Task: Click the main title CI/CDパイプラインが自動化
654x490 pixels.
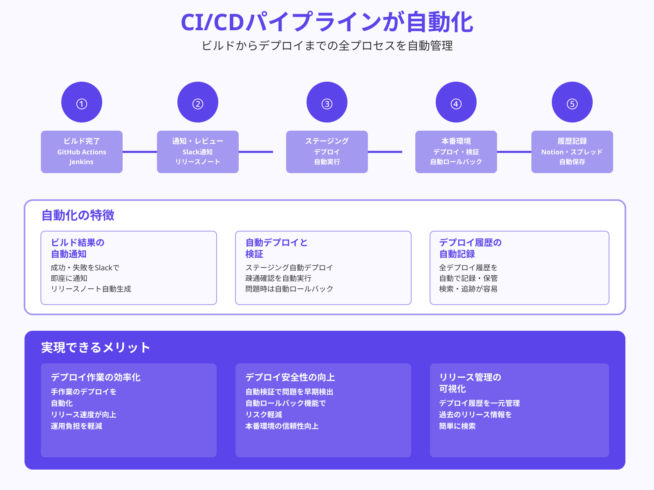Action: click(327, 22)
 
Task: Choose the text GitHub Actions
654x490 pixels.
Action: click(82, 152)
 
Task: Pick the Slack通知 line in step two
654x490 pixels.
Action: click(198, 152)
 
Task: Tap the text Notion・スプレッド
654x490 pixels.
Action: click(572, 152)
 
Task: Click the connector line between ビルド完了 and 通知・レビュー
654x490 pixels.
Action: click(140, 152)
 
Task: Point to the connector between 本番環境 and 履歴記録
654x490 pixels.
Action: click(514, 152)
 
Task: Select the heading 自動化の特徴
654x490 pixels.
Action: click(78, 215)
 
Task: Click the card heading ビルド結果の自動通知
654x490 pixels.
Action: click(78, 248)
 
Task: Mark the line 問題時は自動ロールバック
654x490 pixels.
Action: click(289, 289)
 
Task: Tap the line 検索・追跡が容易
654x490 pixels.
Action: click(468, 289)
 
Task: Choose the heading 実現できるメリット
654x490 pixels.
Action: click(96, 347)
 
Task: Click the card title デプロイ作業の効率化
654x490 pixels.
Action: click(96, 377)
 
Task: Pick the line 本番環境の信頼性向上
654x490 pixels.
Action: click(282, 426)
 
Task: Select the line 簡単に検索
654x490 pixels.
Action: click(457, 426)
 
